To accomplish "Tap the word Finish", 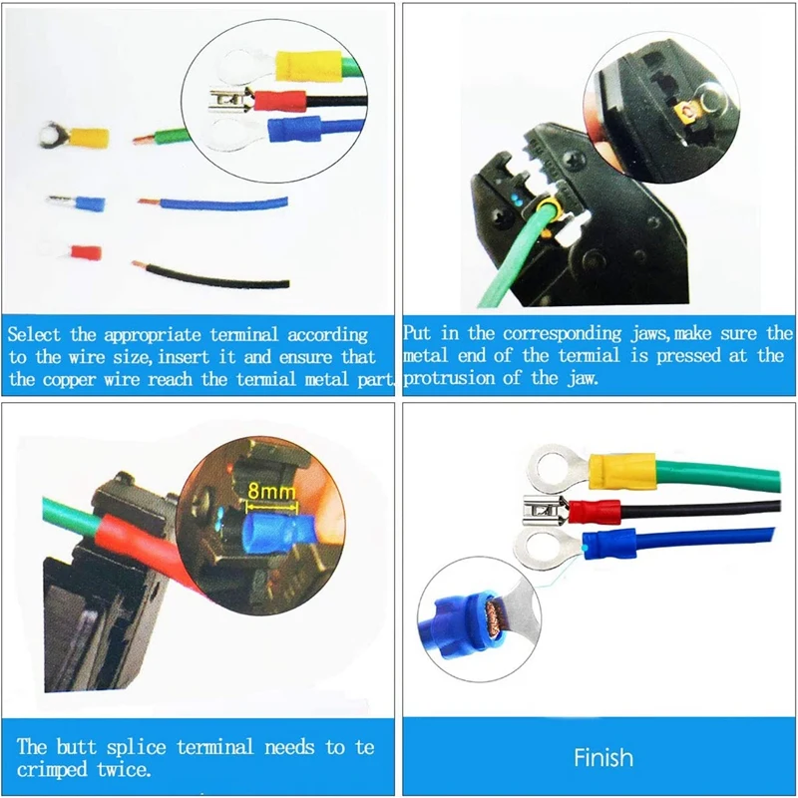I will tap(602, 757).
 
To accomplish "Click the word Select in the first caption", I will tap(40, 335).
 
